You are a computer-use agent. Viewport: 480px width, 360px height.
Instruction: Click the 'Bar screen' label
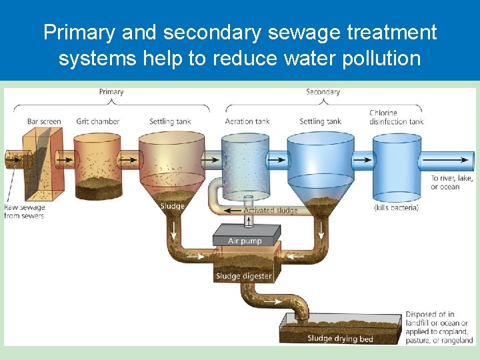[x=44, y=121]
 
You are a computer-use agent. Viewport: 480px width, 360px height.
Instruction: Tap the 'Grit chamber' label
[x=97, y=121]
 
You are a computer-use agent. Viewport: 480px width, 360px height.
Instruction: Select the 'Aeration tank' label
[x=247, y=121]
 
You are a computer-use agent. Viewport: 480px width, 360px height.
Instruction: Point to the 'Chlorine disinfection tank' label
[x=397, y=117]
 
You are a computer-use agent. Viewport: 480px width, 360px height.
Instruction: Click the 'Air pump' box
[x=245, y=241]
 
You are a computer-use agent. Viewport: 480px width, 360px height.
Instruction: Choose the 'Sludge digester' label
[x=243, y=276]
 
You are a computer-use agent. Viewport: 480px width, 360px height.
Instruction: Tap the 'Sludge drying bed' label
[x=340, y=339]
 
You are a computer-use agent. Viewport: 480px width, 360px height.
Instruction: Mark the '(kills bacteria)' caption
[x=396, y=207]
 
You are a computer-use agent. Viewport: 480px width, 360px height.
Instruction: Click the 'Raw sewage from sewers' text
[x=24, y=212]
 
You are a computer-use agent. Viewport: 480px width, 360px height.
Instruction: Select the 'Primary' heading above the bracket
[x=111, y=91]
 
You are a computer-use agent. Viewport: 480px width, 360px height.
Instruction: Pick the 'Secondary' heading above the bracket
[x=323, y=91]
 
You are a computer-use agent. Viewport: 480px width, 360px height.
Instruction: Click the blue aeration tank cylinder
[x=244, y=166]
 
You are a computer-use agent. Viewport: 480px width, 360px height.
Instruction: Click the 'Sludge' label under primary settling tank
[x=172, y=206]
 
